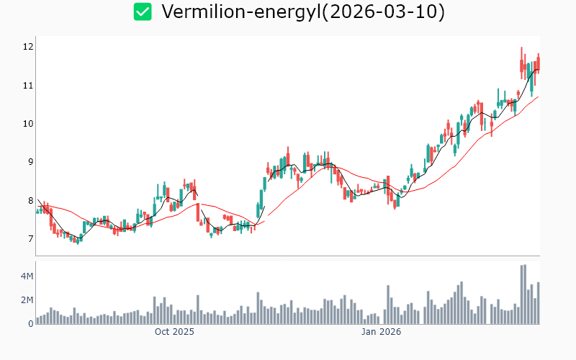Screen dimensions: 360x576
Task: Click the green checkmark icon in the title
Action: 143,12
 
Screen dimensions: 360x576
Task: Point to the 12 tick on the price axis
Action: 28,47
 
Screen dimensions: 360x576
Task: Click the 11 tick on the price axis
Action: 28,85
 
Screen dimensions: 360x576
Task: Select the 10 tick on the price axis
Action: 28,124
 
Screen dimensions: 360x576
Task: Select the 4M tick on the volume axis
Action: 27,276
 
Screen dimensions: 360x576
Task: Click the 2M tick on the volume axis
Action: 27,300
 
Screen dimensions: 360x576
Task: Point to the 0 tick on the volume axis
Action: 30,324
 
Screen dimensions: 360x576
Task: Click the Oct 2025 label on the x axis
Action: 174,332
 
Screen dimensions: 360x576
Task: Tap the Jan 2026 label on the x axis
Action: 381,332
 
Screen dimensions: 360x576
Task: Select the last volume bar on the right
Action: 538,303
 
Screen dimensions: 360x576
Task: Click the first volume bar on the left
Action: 37,320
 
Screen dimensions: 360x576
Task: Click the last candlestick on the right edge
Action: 538,63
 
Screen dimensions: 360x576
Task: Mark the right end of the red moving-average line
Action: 538,96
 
